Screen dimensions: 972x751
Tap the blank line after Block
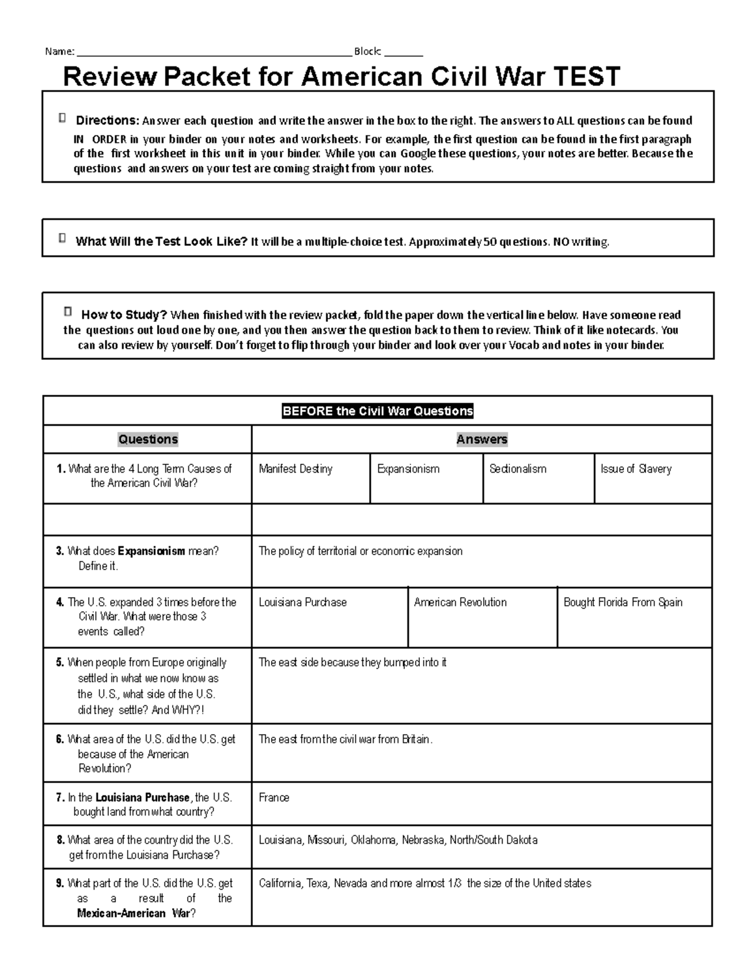click(x=404, y=53)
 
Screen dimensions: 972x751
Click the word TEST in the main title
click(x=586, y=77)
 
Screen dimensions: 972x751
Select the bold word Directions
click(x=107, y=120)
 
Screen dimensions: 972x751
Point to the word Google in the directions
click(x=418, y=153)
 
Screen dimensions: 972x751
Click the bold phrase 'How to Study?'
click(x=124, y=315)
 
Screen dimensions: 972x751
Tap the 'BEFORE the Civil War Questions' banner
click(x=377, y=411)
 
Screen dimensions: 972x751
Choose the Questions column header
click(x=148, y=439)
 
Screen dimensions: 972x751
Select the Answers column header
click(x=481, y=439)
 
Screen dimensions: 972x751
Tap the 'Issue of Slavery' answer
click(x=636, y=469)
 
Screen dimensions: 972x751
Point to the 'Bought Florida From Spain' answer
click(x=623, y=602)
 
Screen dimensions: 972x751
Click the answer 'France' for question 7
click(x=274, y=797)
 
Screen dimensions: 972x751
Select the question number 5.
click(x=60, y=662)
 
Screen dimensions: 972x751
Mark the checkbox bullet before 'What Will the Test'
click(x=62, y=238)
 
